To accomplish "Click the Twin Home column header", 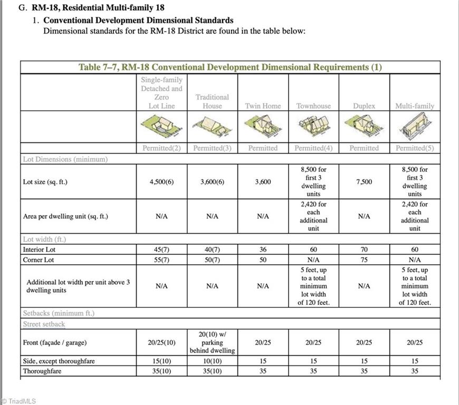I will pos(263,106).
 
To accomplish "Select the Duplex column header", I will pos(364,106).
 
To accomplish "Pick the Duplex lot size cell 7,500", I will pos(364,182).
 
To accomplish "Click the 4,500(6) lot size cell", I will pos(161,182).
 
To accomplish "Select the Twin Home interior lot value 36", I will pos(263,249).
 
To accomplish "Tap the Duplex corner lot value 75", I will pos(364,260).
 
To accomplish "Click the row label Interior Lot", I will pos(39,249).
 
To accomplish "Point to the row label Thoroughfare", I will pos(42,371).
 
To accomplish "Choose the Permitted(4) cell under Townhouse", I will pos(313,148).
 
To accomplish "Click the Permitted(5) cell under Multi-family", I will pos(415,148).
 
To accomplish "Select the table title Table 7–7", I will pos(230,67).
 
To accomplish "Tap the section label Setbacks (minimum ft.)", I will pos(59,313).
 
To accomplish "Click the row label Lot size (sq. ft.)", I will pos(45,182).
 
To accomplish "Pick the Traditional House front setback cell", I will pos(212,342).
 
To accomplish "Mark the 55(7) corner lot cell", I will pos(161,260).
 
